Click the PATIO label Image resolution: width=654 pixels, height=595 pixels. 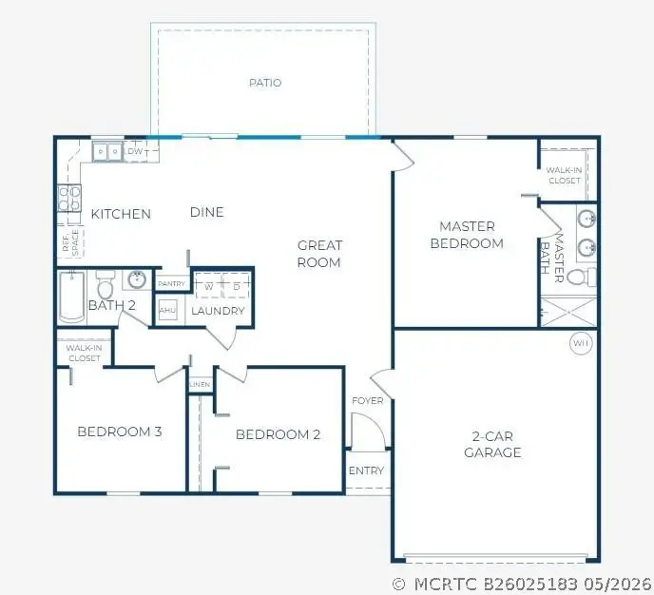pyautogui.click(x=265, y=83)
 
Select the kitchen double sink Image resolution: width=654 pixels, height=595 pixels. pyautogui.click(x=107, y=152)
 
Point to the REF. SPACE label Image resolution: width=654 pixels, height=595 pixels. pyautogui.click(x=70, y=242)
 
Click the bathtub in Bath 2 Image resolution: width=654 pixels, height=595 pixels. pyautogui.click(x=71, y=297)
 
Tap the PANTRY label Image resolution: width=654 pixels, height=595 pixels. pyautogui.click(x=171, y=283)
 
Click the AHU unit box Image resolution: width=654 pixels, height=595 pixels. pyautogui.click(x=167, y=310)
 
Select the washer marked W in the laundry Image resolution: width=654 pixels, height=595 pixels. pyautogui.click(x=208, y=286)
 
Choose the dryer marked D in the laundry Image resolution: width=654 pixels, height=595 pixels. pyautogui.click(x=237, y=286)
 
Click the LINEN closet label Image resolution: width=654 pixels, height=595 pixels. pyautogui.click(x=200, y=384)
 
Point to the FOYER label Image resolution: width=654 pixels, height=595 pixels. pyautogui.click(x=368, y=401)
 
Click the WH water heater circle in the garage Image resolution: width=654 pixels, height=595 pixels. pyautogui.click(x=581, y=343)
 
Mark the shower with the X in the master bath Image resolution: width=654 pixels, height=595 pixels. pyautogui.click(x=568, y=312)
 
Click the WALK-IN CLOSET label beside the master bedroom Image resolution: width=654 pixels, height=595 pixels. pyautogui.click(x=564, y=176)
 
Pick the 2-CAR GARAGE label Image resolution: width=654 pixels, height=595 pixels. pyautogui.click(x=492, y=445)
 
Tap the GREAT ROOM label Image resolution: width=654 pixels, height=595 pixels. pyautogui.click(x=319, y=254)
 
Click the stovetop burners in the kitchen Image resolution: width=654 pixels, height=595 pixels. pyautogui.click(x=69, y=198)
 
